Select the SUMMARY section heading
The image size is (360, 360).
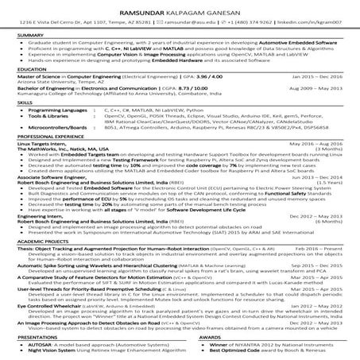[x=31, y=36]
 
